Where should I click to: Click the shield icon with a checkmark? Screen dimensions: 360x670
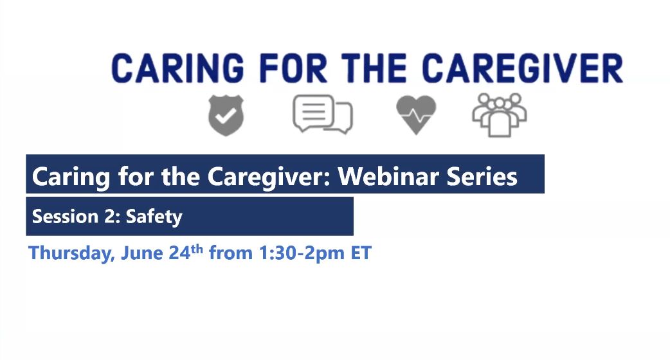[x=226, y=115]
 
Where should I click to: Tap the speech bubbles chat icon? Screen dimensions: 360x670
[x=322, y=114]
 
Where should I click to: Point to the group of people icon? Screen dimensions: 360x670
[x=500, y=115]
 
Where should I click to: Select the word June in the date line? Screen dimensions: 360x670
[x=143, y=253]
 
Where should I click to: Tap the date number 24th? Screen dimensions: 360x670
[x=185, y=252]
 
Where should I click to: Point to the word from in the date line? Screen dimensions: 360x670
[x=230, y=253]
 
